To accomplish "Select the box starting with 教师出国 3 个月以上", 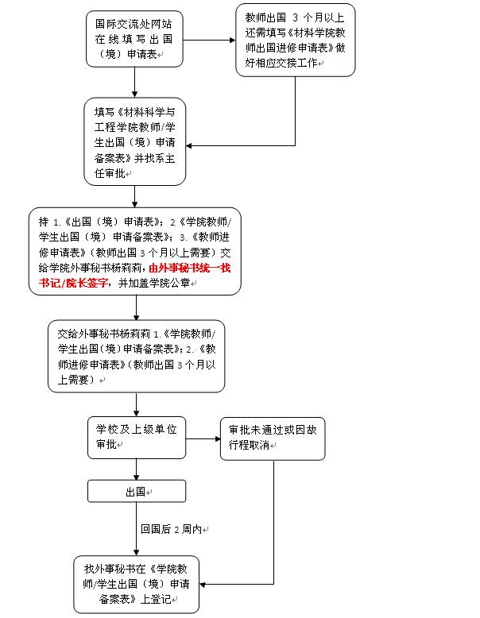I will (x=295, y=40).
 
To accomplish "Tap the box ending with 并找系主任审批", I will (x=134, y=141).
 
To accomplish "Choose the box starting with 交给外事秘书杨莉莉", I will (x=134, y=354).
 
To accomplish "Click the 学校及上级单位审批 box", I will (x=134, y=436).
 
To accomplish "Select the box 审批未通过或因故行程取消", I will (x=273, y=436).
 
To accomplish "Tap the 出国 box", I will (x=136, y=492).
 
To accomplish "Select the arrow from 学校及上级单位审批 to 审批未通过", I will (x=203, y=436).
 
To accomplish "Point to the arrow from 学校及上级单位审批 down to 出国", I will (x=136, y=469).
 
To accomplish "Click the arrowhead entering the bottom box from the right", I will (x=203, y=585).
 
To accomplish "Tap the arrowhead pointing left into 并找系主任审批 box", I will (x=191, y=145).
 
